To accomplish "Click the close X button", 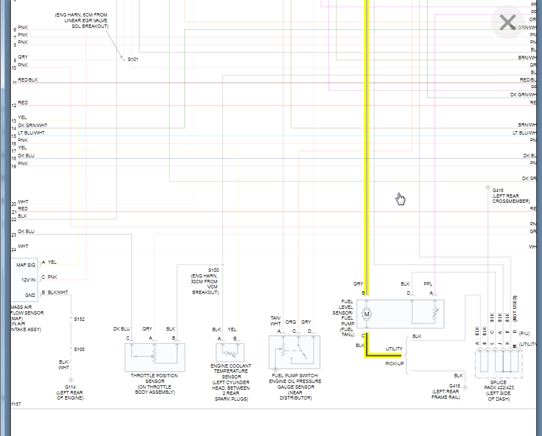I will coord(507,23).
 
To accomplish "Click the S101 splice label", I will coord(133,59).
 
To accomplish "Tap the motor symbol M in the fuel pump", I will coord(367,313).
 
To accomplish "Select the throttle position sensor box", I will coord(155,357).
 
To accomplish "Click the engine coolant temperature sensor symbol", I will coord(230,351).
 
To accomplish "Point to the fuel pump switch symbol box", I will coord(294,352).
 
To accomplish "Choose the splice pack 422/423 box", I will coord(499,364).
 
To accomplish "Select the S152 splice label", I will coord(79,320).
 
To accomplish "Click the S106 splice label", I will coord(79,349).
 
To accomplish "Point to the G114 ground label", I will coord(70,386).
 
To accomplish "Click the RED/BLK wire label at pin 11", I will coord(28,80).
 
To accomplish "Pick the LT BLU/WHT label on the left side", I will coord(31,133).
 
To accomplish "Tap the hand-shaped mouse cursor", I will coord(401,198).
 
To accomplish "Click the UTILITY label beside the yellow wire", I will coord(394,349).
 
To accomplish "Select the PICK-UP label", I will coord(394,363).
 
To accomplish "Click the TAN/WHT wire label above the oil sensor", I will coord(276,321).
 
